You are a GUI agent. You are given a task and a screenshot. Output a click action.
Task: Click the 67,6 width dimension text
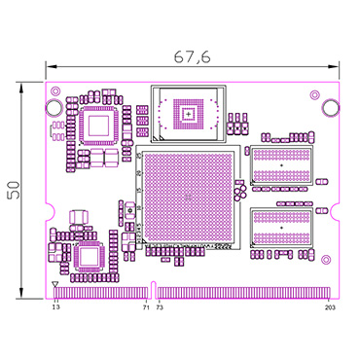click(x=192, y=57)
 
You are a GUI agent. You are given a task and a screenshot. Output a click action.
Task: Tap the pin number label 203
click(x=330, y=307)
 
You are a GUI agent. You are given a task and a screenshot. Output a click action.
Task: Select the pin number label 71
click(x=146, y=307)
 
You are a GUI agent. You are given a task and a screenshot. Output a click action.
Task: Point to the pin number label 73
click(x=161, y=307)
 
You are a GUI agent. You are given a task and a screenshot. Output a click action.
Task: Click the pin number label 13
click(x=55, y=307)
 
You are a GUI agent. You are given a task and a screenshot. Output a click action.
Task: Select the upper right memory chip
click(x=281, y=166)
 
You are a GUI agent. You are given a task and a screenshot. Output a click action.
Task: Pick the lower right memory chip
click(x=281, y=229)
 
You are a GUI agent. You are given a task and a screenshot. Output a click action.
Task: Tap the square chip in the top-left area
click(x=98, y=125)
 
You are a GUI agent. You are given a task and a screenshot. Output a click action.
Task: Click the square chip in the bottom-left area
click(x=89, y=256)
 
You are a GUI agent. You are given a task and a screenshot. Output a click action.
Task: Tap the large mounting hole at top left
click(x=54, y=106)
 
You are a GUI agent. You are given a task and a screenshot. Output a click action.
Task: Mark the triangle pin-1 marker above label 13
click(x=54, y=285)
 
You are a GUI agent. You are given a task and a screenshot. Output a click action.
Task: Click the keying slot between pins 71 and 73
click(x=154, y=289)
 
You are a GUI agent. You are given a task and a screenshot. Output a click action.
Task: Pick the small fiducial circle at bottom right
click(x=325, y=261)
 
